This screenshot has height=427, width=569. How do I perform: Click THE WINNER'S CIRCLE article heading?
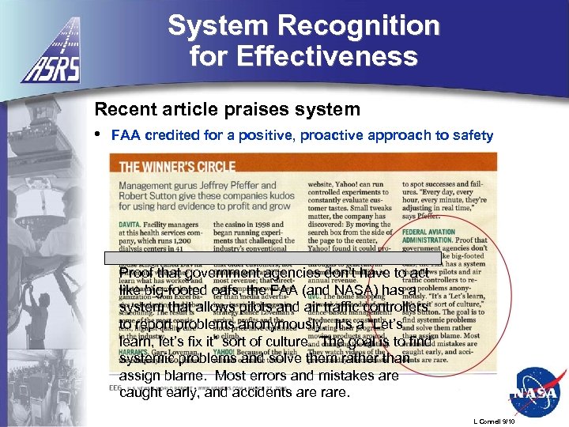tap(177, 167)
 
